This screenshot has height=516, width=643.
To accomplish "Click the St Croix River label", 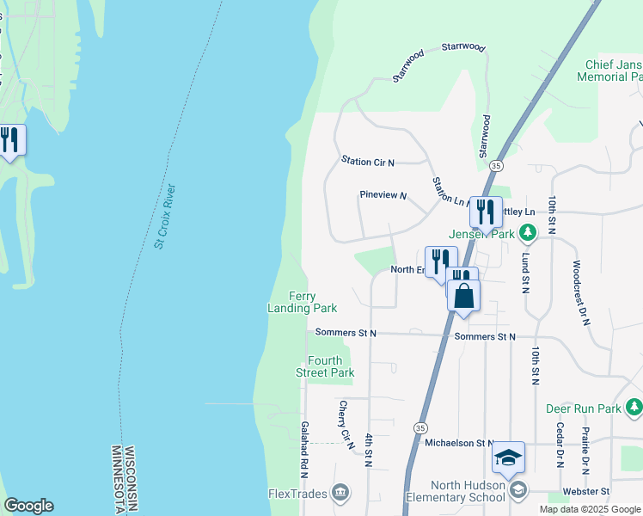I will coord(165,216).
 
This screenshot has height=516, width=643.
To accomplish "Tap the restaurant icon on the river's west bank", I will coord(9,139).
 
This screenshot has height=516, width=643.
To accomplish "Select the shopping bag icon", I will coord(463,295).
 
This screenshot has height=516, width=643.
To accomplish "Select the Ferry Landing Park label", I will coord(302,301).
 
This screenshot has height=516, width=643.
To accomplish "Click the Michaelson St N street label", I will coord(461,443).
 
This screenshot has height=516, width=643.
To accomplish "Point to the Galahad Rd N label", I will coord(304,450).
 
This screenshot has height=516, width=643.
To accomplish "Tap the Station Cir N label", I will coord(367,161).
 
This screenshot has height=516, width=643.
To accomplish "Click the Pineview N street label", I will coord(383,195).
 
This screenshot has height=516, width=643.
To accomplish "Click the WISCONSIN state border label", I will coord(130,479).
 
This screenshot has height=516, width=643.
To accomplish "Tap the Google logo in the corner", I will coord(29,506).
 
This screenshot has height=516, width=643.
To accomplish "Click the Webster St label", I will coord(585,491).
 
